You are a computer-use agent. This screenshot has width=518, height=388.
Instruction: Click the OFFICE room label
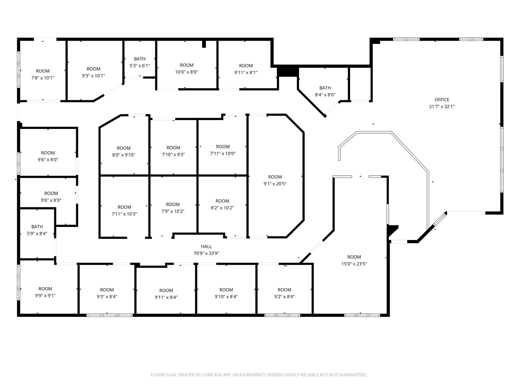pos(441,100)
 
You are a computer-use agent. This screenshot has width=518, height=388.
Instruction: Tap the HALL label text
pos(206,246)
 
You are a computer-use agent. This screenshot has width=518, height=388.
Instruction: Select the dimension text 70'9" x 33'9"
pos(206,253)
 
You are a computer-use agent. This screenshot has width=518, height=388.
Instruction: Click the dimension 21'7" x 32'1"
pos(441,106)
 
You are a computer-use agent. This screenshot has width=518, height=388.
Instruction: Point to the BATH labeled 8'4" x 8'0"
pos(325,91)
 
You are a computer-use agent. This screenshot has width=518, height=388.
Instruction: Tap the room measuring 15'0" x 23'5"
pos(354,260)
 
